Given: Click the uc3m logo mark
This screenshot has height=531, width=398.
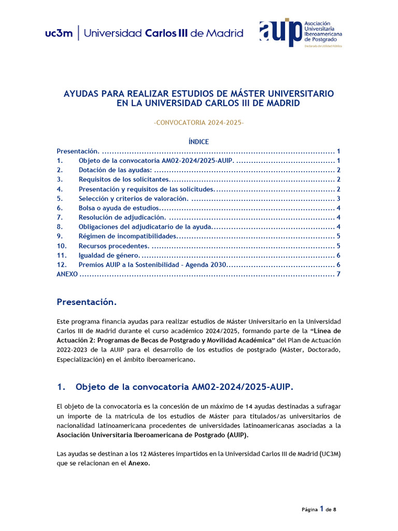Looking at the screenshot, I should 59,34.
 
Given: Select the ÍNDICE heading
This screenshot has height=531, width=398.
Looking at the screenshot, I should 198,142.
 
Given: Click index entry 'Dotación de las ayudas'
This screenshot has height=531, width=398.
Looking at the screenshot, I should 115,170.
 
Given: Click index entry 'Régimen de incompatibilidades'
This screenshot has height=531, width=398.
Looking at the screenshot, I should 127,236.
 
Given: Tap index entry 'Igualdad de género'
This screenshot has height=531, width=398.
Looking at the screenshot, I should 109,255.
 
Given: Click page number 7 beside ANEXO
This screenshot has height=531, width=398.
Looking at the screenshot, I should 338,274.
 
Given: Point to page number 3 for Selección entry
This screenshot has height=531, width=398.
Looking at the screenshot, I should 338,199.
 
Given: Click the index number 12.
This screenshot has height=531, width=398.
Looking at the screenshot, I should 61,264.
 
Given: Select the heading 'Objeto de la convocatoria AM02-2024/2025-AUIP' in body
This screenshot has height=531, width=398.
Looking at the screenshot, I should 184,387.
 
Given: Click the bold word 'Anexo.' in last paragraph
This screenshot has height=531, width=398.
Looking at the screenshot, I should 139,464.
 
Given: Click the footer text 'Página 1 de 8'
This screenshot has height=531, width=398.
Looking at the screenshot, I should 319,509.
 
